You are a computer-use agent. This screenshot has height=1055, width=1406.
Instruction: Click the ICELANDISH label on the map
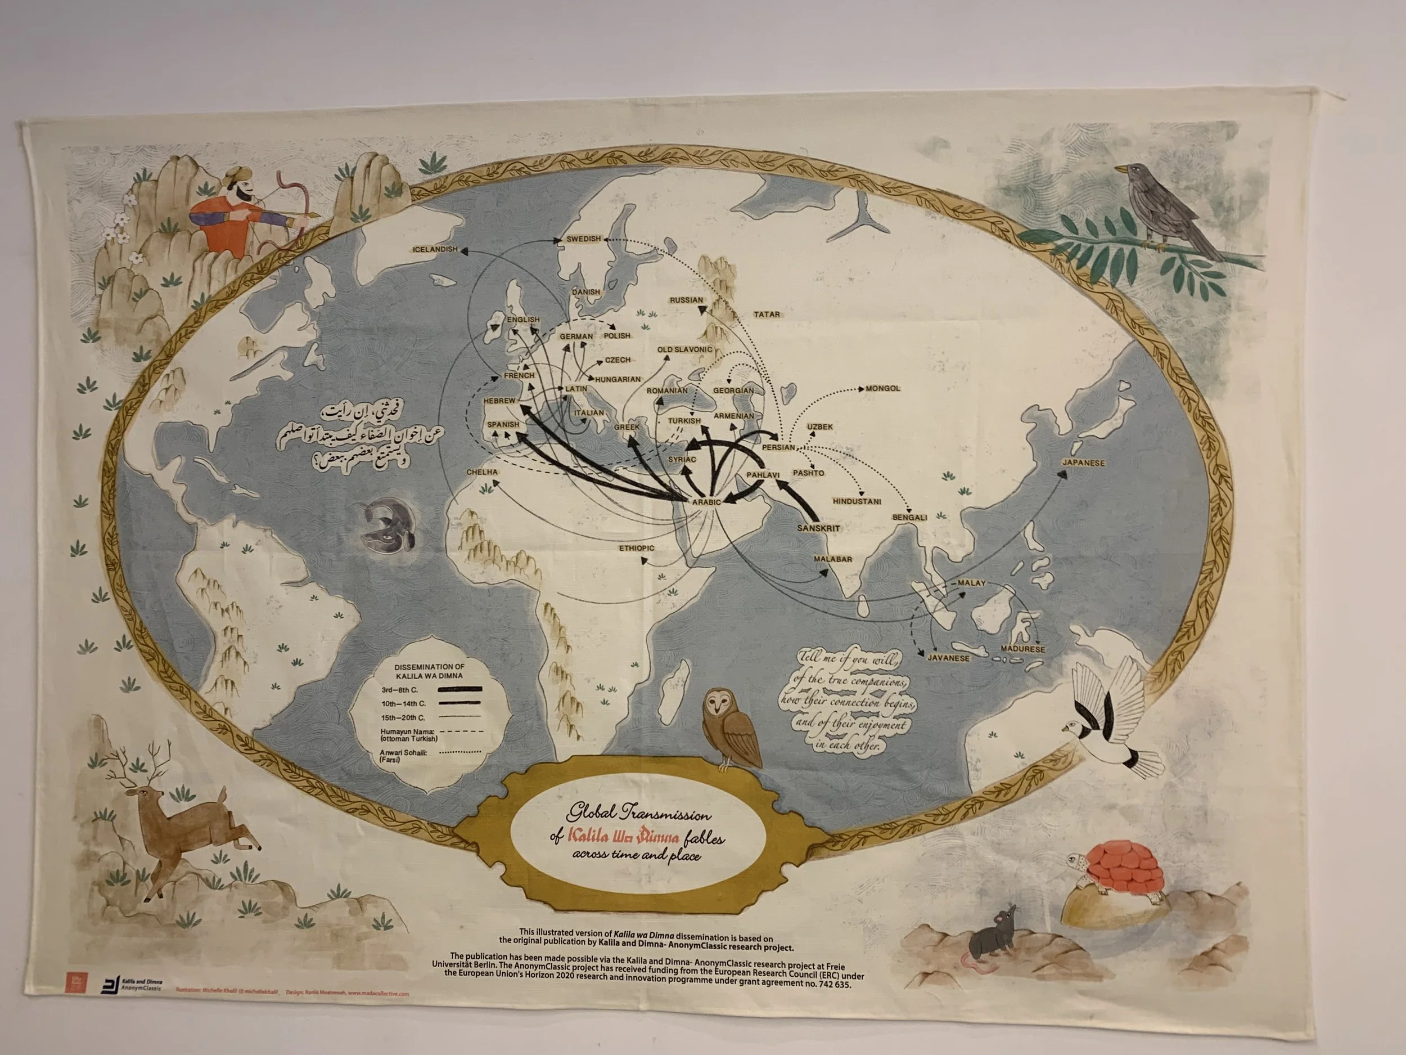(x=435, y=249)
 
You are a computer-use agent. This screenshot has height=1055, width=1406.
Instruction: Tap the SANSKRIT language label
(x=818, y=528)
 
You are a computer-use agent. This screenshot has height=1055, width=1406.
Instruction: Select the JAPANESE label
(x=1084, y=463)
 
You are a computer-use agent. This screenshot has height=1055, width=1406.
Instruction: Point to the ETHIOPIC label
(x=636, y=547)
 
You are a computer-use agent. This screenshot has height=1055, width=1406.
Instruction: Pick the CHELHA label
(x=483, y=473)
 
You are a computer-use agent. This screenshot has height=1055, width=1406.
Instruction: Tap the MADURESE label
(x=1022, y=649)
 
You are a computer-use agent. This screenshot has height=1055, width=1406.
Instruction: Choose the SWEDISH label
(x=584, y=239)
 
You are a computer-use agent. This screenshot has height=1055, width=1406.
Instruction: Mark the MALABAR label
(x=833, y=559)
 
